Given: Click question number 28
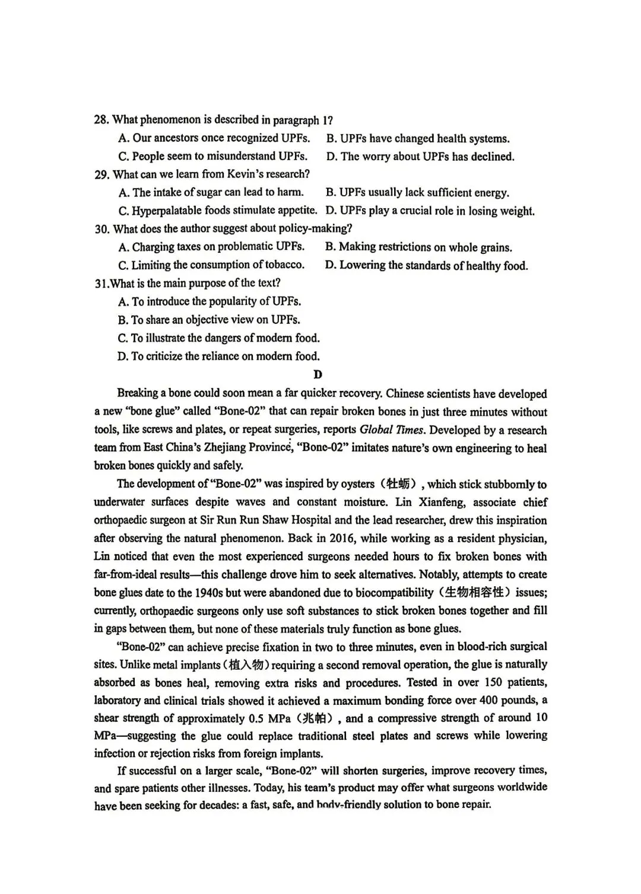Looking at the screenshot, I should pyautogui.click(x=101, y=120).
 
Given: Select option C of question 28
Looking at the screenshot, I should pyautogui.click(x=212, y=156).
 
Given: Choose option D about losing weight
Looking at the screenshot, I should pyautogui.click(x=430, y=211).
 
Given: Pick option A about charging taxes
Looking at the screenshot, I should pyautogui.click(x=211, y=247).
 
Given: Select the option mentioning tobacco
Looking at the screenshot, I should pyautogui.click(x=211, y=265).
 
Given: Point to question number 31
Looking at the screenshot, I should pyautogui.click(x=101, y=284).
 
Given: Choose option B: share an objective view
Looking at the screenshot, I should pyautogui.click(x=209, y=320).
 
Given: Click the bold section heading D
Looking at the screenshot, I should pyautogui.click(x=318, y=374).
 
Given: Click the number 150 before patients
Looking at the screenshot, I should pyautogui.click(x=494, y=682).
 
